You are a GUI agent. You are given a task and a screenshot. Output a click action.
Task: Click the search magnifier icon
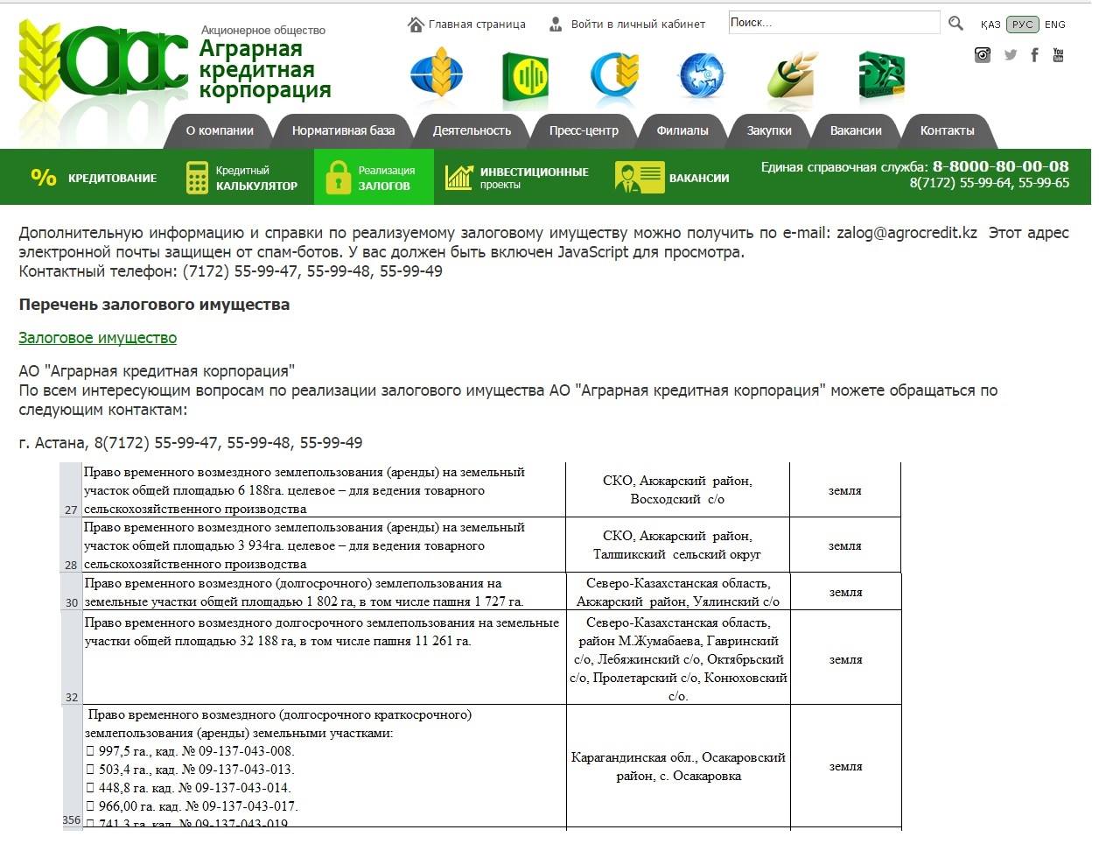pos(955,24)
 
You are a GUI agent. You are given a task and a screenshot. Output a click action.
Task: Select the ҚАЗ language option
pos(990,25)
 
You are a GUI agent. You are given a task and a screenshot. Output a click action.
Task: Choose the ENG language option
pos(1055,25)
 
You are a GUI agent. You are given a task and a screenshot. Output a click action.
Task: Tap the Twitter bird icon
pos(1011,55)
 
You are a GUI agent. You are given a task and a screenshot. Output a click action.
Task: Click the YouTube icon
pos(1058,55)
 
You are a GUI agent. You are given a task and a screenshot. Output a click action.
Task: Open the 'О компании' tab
pos(220,130)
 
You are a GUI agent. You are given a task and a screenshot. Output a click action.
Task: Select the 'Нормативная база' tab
pos(343,130)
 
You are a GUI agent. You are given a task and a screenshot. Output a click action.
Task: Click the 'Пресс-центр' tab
pos(584,130)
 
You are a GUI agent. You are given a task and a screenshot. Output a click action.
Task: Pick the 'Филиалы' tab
pos(682,130)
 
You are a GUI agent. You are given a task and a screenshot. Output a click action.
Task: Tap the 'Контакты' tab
pos(947,130)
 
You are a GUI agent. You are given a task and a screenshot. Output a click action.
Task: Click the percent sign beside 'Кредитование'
pos(44,178)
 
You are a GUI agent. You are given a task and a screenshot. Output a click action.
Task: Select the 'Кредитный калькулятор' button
pos(242,178)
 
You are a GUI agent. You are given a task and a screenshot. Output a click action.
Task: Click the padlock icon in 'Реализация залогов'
pos(338,178)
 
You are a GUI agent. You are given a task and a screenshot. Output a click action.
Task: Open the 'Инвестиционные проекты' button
pos(517,178)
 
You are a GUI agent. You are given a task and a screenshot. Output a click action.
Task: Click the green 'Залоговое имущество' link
pos(98,338)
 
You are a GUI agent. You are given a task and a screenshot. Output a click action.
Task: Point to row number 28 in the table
pos(71,565)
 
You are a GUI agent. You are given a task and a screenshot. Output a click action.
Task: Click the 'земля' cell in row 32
pos(845,659)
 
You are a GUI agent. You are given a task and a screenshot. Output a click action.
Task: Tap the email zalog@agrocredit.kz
pos(906,233)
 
